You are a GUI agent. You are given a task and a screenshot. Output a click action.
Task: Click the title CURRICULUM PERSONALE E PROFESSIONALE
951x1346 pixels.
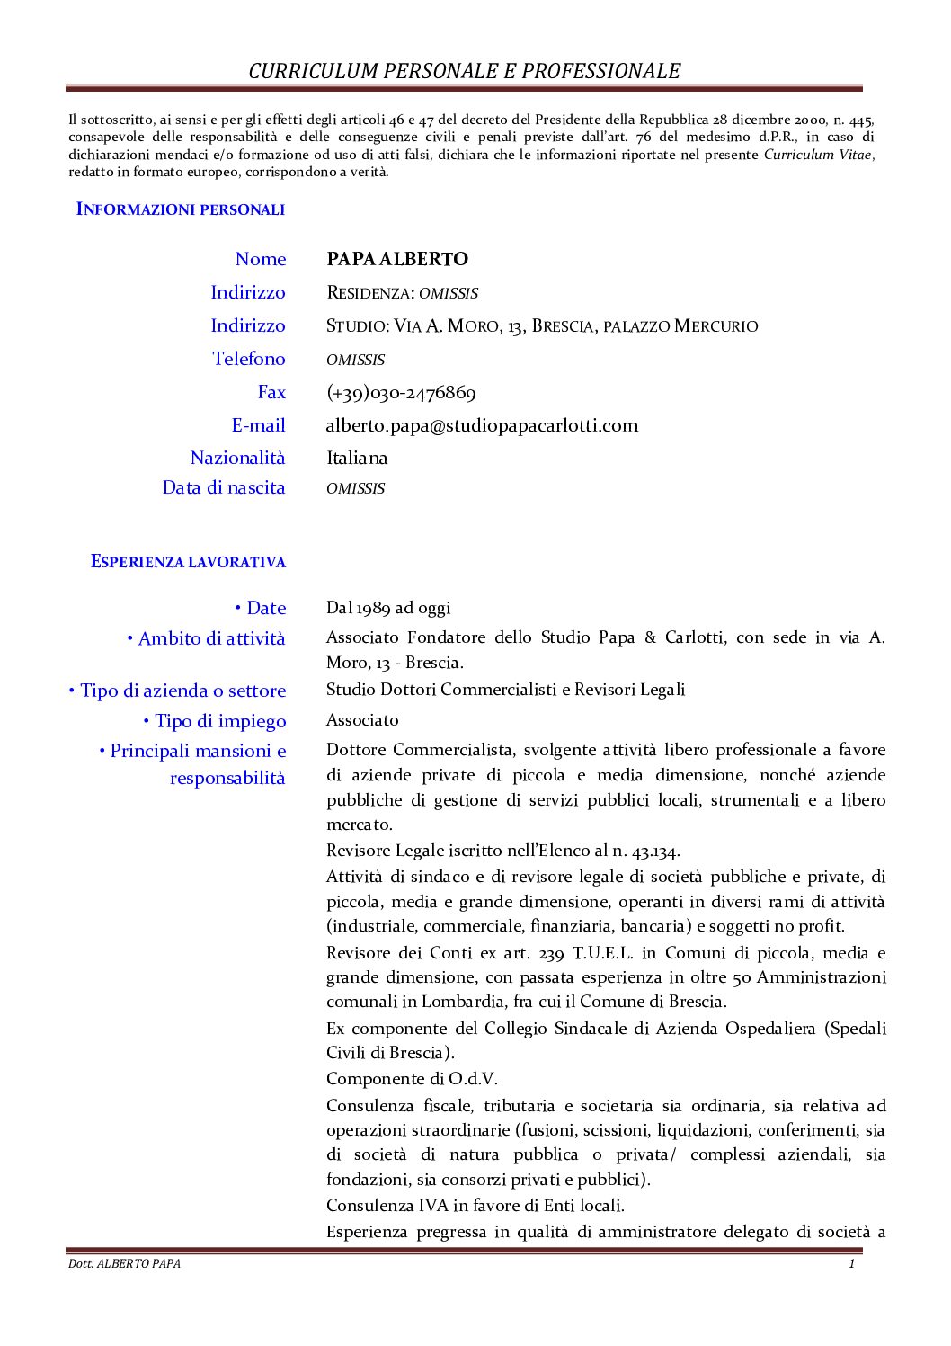tap(464, 71)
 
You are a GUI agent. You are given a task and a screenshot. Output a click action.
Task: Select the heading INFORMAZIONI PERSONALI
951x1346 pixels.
tap(181, 209)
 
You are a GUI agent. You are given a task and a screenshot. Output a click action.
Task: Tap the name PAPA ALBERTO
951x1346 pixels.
tap(397, 260)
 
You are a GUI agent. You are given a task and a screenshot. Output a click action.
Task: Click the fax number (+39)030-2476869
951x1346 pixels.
tap(401, 393)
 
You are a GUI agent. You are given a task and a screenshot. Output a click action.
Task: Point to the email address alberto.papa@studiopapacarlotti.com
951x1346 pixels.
tap(482, 425)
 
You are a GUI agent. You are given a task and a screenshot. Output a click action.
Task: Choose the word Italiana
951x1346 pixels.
tap(357, 459)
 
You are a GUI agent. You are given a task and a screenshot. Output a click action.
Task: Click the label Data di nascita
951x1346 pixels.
tap(224, 488)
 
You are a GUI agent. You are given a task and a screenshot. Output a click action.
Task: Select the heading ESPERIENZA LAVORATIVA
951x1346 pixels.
tap(188, 562)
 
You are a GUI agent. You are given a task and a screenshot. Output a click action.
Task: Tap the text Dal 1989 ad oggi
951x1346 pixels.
tap(388, 609)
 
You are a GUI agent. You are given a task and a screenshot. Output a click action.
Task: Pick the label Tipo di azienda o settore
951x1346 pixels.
tap(178, 691)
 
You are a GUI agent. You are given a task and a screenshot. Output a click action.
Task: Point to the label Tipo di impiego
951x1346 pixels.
tap(215, 722)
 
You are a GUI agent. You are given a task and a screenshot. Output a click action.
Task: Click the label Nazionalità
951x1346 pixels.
tap(237, 459)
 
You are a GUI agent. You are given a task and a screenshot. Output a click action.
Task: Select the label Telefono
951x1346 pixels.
tap(249, 360)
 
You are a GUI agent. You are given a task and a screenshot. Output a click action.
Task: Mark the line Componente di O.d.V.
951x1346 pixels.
tap(412, 1079)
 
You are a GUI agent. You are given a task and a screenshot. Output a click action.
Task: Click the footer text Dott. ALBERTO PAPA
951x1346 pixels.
tap(124, 1264)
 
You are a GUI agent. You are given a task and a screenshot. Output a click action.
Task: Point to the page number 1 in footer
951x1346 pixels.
tap(851, 1264)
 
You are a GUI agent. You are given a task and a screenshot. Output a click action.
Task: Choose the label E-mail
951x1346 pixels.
tap(258, 425)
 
